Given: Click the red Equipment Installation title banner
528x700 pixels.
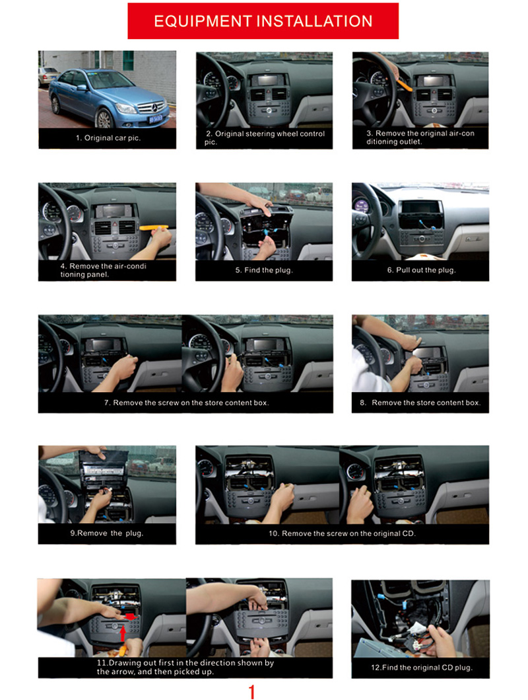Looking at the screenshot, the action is (263, 21).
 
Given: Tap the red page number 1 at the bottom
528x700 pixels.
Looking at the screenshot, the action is (252, 691).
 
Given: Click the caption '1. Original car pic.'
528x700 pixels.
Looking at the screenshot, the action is (108, 138).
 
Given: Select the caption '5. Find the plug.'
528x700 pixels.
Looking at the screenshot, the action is (264, 270).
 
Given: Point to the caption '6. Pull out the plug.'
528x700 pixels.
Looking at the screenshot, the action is (421, 270).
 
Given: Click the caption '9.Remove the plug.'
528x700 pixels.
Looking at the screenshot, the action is (106, 533).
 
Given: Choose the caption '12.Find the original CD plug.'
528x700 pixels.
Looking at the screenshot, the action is (422, 668).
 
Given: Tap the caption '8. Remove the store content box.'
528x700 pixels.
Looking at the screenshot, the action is (420, 403).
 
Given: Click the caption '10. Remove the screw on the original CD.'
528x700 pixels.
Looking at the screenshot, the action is (342, 533).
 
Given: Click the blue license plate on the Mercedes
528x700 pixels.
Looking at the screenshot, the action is (156, 119).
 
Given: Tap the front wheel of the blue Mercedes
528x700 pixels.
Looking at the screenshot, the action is (104, 119).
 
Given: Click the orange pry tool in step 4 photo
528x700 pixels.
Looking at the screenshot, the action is (154, 227).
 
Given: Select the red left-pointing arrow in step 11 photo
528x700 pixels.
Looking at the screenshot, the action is (129, 616).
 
